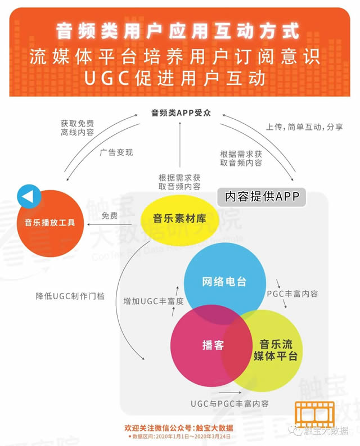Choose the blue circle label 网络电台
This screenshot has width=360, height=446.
[224, 282]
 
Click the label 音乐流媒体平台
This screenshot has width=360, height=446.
[275, 350]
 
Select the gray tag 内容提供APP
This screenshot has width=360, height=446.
[262, 197]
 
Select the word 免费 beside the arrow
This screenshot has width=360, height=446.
[110, 215]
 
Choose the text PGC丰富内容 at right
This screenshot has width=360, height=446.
[292, 294]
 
